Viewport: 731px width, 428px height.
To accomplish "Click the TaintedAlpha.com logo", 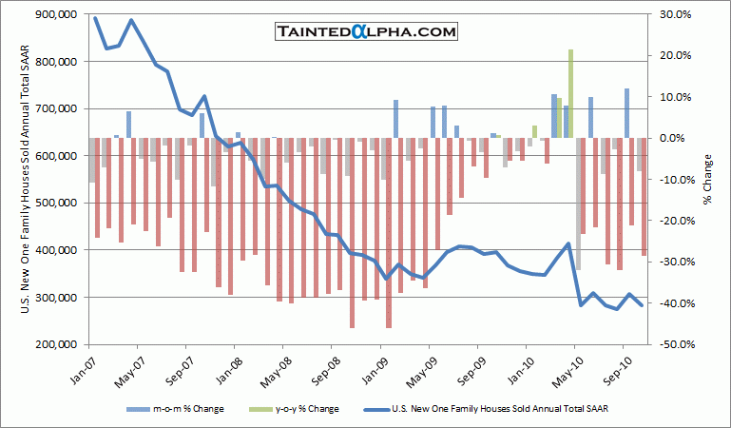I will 366,32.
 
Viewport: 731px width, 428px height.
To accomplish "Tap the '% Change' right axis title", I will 708,179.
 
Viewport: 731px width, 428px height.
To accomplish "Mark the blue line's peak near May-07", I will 131,20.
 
